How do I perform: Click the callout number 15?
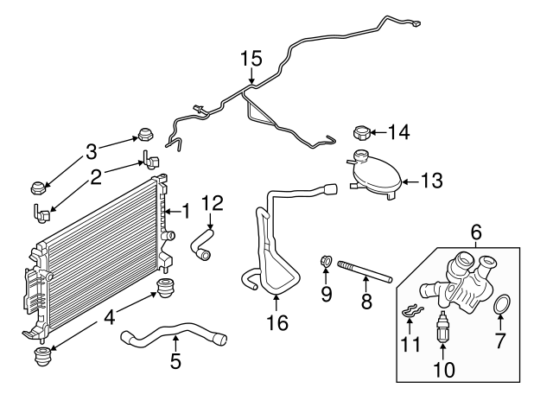251,59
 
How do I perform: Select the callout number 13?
432,181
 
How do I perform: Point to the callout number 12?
212,204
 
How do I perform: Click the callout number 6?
475,232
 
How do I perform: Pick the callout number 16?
276,324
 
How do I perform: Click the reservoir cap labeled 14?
362,133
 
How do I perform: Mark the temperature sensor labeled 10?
443,327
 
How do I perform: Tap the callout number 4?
110,317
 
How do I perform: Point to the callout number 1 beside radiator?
185,210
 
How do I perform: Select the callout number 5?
176,362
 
